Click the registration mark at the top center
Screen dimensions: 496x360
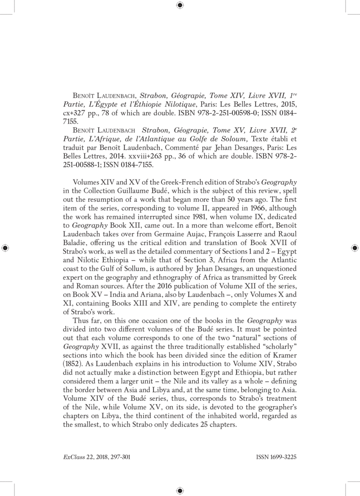pyautogui.click(x=180, y=5)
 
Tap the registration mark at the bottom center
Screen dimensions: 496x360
pyautogui.click(x=180, y=490)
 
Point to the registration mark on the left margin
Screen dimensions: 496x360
pyautogui.click(x=5, y=248)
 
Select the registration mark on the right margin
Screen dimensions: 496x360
pyautogui.click(x=355, y=248)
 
